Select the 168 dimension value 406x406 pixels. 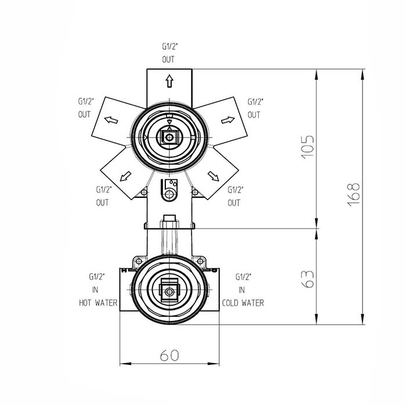[353, 194]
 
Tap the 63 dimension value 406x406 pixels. [308, 279]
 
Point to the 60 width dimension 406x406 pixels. [169, 355]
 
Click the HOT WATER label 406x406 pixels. [98, 303]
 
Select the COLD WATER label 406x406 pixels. [243, 303]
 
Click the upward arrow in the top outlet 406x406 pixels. [169, 81]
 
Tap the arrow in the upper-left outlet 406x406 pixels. [111, 119]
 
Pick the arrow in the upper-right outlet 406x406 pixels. [228, 120]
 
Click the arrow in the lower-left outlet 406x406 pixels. [125, 176]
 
